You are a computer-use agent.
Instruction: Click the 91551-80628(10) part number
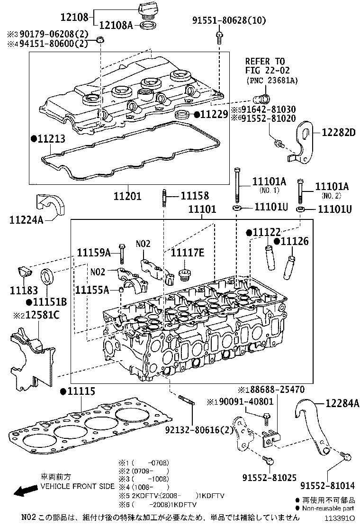[x=229, y=20]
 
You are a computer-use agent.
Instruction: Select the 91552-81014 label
[x=329, y=486]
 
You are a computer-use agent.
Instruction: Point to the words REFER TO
[x=265, y=61]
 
